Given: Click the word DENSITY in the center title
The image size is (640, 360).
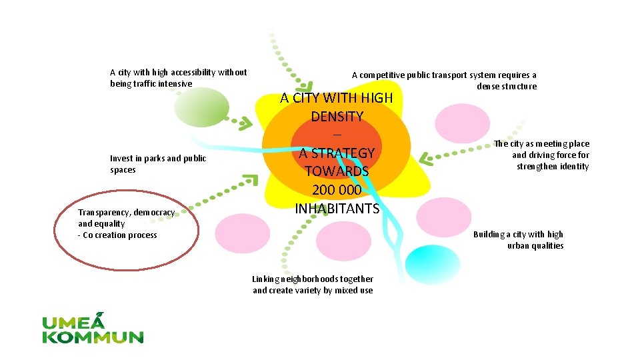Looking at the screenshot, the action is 337,117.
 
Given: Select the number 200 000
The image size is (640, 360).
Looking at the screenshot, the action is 337,190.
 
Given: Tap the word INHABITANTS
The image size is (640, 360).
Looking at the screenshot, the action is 337,209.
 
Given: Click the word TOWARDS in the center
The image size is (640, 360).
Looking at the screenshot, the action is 337,171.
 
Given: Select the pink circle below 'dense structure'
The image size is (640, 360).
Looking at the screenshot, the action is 462,122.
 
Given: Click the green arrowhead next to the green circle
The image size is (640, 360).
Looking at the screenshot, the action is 245,123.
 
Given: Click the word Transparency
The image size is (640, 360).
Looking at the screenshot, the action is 104,213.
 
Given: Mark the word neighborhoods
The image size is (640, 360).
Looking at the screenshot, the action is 309,279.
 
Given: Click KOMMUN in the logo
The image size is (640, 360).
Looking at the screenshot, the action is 93,337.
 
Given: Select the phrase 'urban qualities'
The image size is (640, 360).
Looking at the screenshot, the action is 535,246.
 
